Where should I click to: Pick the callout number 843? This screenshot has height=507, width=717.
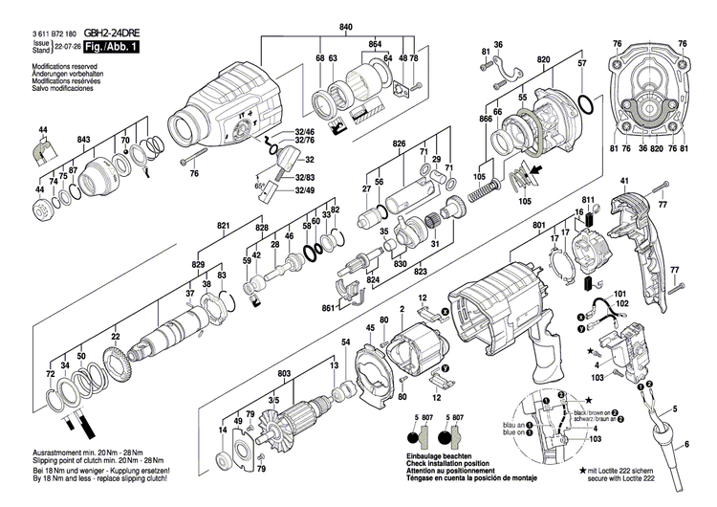click(x=84, y=142)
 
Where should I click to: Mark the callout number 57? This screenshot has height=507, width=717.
click(x=581, y=62)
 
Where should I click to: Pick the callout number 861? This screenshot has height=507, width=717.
click(x=329, y=309)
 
